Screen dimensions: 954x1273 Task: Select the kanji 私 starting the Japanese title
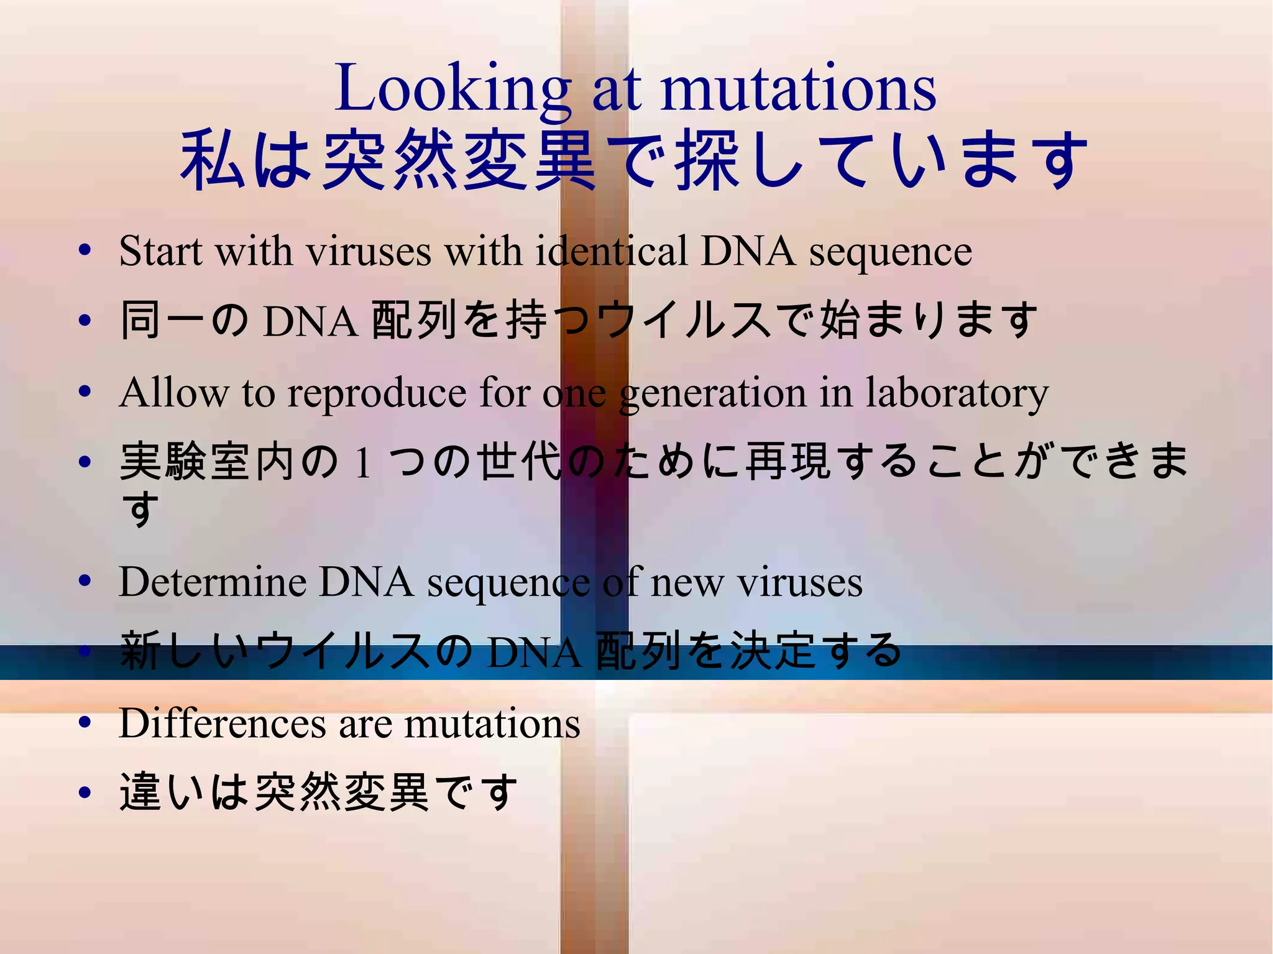point(210,160)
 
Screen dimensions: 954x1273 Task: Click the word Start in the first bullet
point(160,252)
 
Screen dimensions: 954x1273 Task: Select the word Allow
point(173,393)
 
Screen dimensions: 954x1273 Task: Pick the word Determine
point(212,582)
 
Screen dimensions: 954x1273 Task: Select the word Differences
point(222,724)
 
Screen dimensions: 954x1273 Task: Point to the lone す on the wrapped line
point(139,508)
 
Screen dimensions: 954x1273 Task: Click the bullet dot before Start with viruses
point(85,250)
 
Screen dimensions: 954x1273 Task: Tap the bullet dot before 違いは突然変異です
point(85,792)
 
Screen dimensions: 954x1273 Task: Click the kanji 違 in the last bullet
point(140,792)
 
